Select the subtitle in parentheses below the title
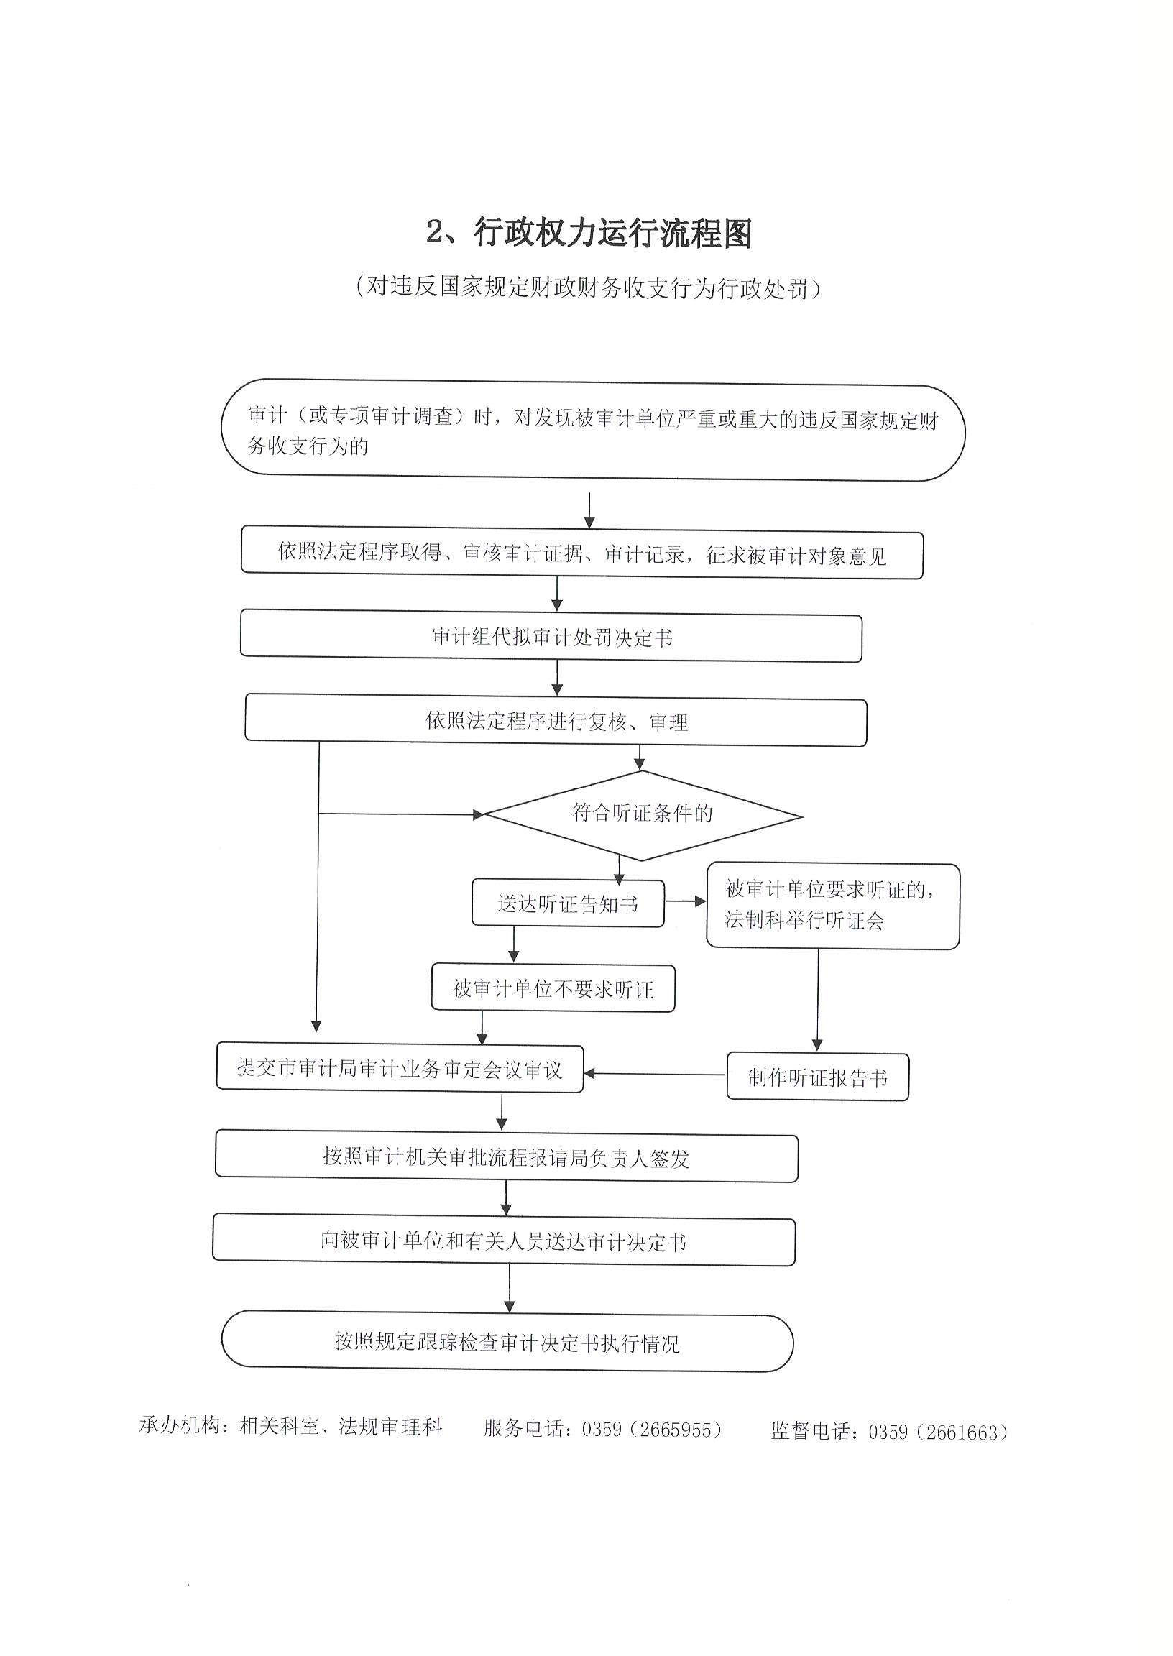tap(589, 288)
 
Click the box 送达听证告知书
tap(568, 903)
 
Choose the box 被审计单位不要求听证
tap(553, 988)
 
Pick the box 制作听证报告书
tap(818, 1076)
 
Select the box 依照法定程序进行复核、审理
tap(556, 720)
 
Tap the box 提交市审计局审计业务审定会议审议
tap(400, 1067)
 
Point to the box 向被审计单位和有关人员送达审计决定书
tap(504, 1240)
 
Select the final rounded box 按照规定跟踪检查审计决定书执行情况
tap(507, 1341)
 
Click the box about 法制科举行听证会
tap(833, 906)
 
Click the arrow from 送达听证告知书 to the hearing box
tap(686, 901)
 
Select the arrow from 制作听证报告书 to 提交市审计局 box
tap(655, 1074)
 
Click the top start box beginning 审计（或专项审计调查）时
tap(593, 429)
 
